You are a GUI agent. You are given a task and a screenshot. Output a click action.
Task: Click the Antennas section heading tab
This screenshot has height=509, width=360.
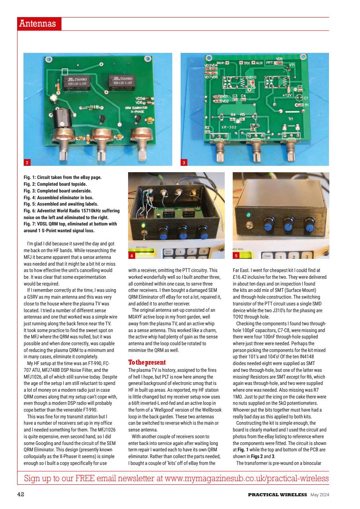[39, 24]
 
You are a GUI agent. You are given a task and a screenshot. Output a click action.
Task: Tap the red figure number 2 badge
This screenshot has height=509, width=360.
[27, 162]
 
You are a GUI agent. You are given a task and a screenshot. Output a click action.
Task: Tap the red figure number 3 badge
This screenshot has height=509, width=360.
[184, 162]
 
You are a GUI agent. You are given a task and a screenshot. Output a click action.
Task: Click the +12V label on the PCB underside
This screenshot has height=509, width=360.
[287, 95]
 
